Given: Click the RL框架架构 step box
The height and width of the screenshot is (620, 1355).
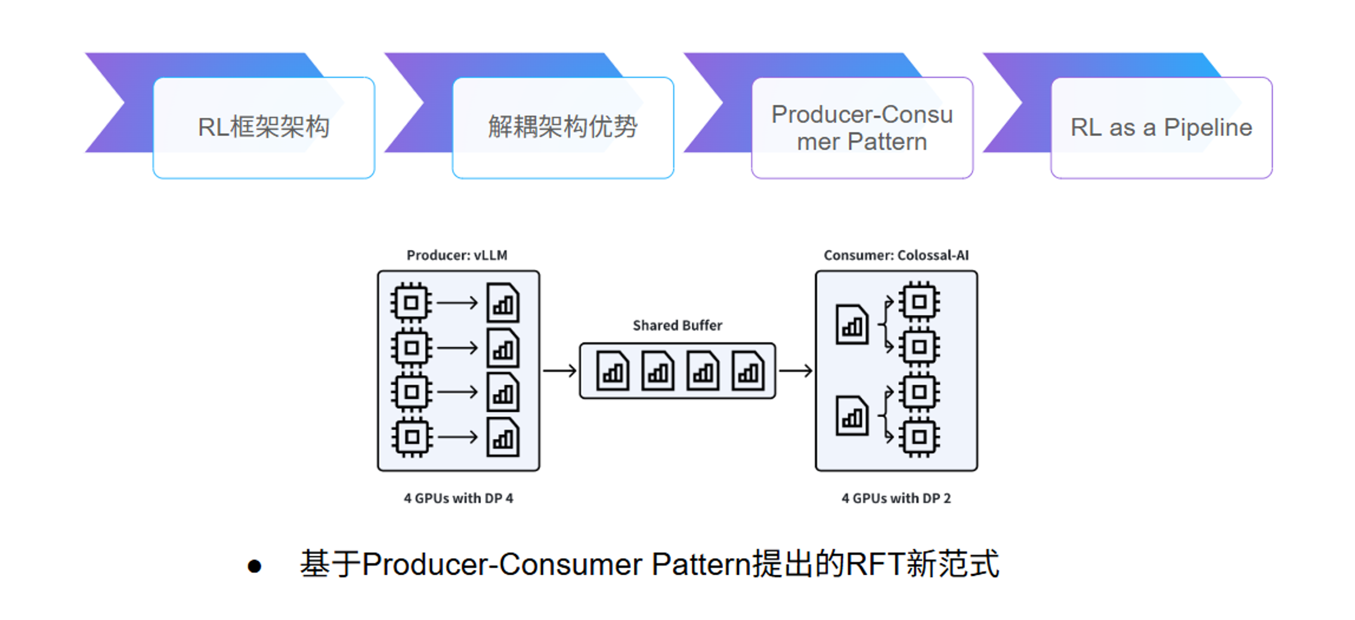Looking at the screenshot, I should (264, 127).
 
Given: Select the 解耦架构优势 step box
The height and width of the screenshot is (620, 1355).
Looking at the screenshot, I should (562, 127).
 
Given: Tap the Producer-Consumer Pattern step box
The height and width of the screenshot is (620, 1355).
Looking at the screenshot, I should (862, 127).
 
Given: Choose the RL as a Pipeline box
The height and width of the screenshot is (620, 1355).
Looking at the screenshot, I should (1161, 127).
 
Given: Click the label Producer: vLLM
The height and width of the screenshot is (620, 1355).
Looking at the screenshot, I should (457, 255).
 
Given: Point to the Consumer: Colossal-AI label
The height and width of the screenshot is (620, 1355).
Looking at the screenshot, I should (896, 255).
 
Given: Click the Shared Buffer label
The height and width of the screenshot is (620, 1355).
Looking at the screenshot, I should (677, 325).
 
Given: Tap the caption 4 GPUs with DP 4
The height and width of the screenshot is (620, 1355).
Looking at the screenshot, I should (458, 498).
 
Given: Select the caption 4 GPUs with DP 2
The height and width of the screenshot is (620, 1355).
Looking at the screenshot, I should (896, 498).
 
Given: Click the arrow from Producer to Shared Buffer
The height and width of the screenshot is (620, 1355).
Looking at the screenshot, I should (559, 371).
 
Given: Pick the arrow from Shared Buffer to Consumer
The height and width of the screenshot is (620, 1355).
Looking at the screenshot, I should (796, 371).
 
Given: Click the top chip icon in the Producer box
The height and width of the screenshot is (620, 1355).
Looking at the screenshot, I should (411, 303).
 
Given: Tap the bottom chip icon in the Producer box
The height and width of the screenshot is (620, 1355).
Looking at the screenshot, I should (412, 437).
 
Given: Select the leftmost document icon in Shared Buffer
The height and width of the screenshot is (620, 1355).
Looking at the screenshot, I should (612, 371).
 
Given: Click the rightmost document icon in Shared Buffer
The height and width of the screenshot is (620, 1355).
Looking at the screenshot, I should (748, 371).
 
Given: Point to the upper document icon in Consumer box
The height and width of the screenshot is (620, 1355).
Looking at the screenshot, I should (852, 325).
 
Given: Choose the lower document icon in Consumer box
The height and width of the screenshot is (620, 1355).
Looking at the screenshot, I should (852, 416).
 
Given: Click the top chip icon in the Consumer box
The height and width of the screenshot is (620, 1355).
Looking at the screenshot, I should (919, 302).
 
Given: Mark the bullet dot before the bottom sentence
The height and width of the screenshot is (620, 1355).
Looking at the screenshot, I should (255, 566).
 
